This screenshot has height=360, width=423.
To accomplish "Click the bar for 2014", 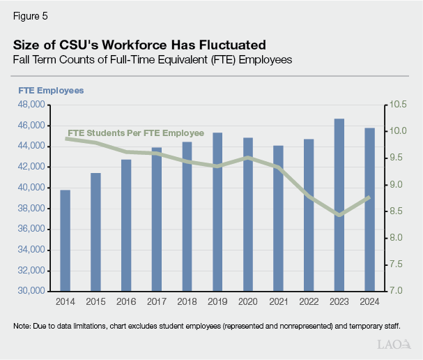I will click(65, 240).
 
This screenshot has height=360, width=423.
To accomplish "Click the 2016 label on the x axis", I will click(126, 301).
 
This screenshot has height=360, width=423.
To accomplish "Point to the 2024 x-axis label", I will click(370, 301).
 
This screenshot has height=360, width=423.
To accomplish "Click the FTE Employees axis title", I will click(51, 91).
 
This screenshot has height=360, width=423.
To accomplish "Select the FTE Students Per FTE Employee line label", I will click(135, 133).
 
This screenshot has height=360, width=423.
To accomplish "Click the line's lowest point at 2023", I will click(339, 215).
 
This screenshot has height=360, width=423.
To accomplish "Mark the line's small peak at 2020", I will click(248, 158).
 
